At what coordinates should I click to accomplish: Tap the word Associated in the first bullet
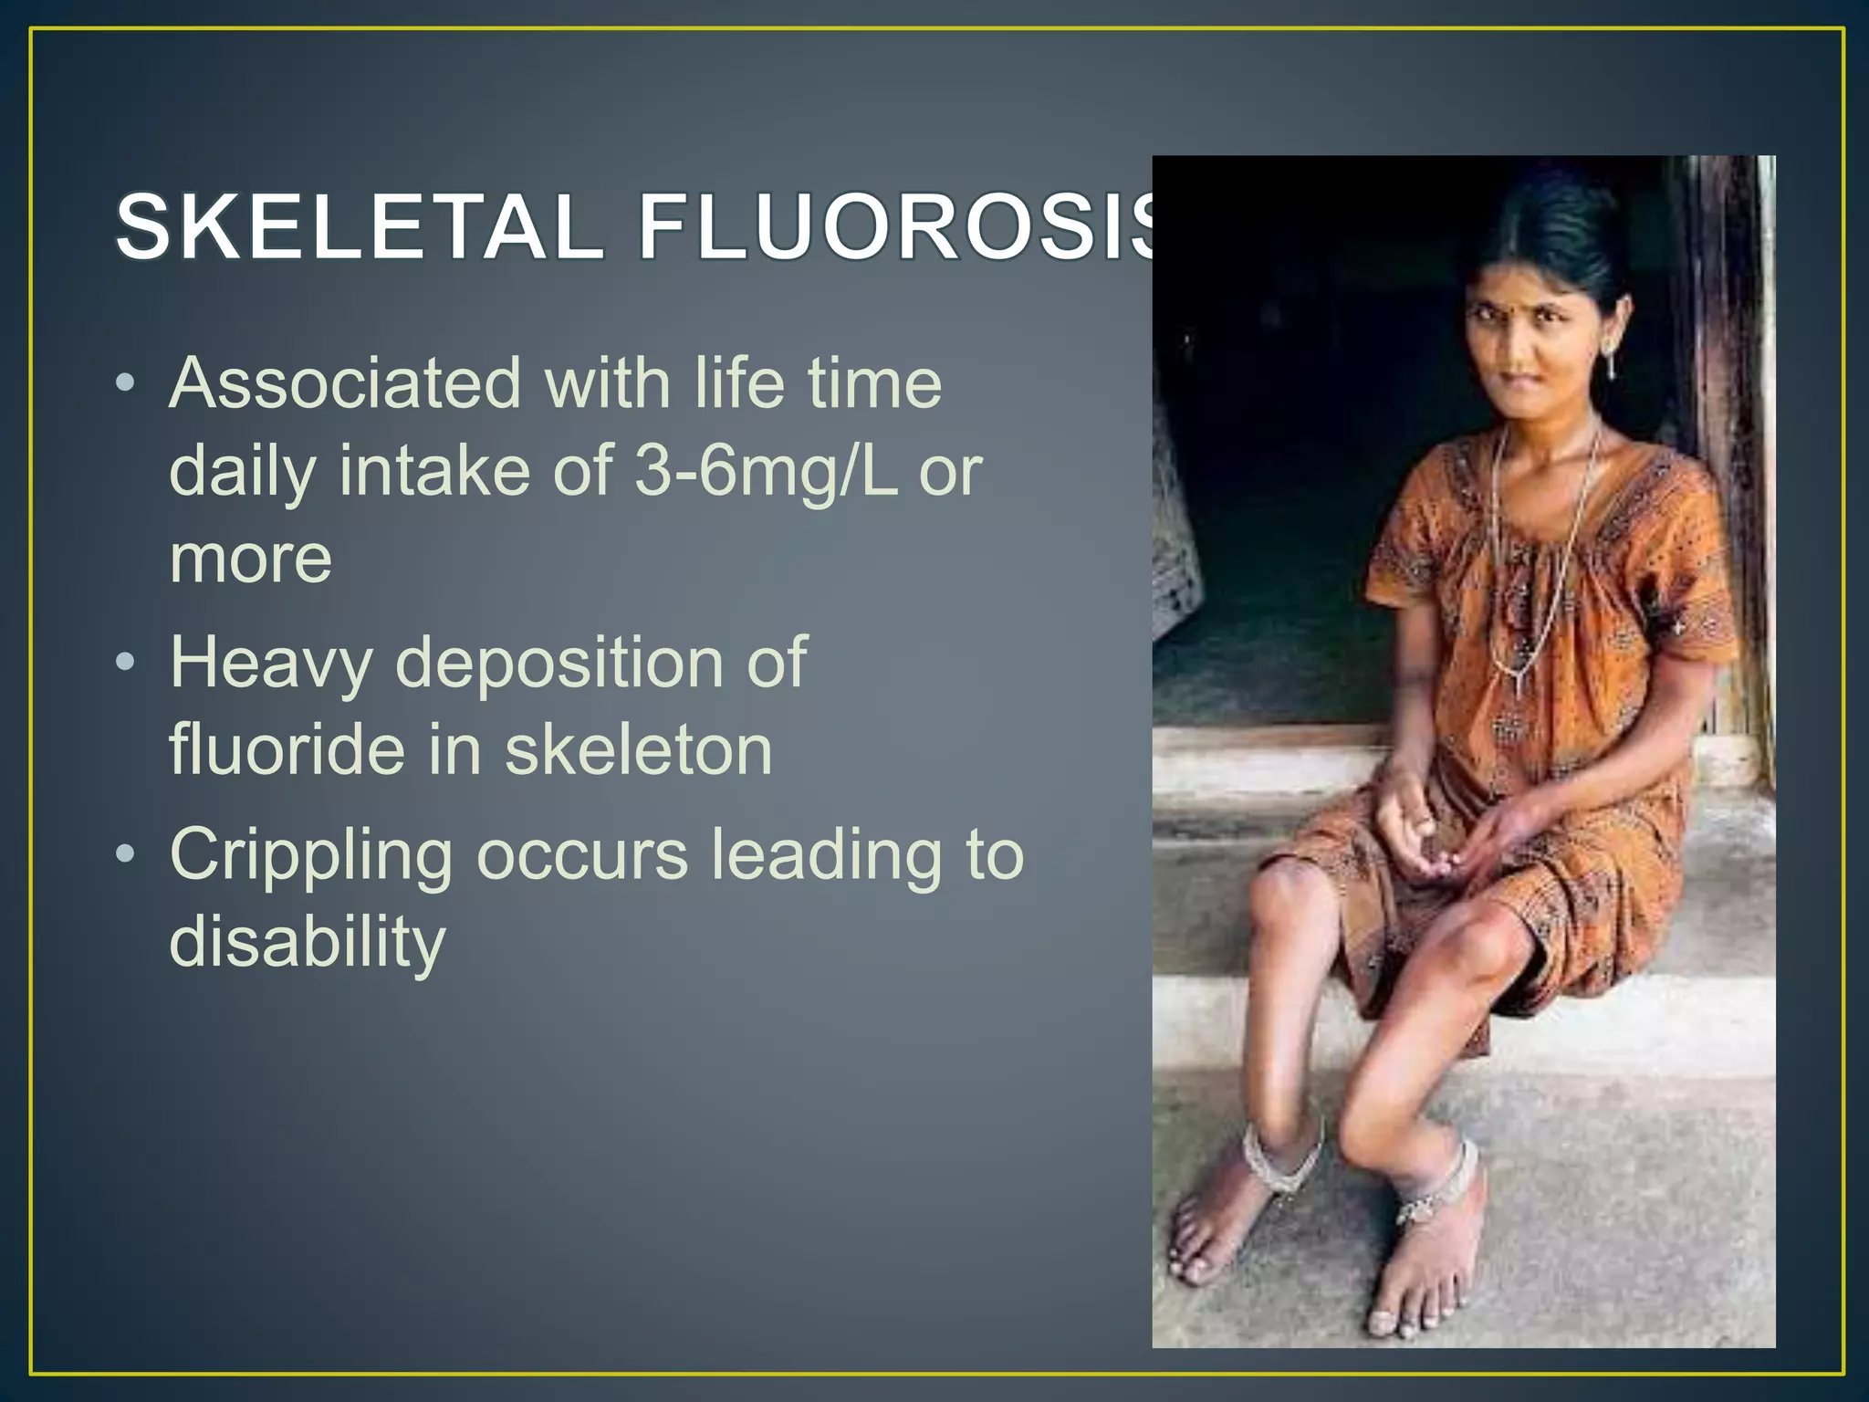pos(344,383)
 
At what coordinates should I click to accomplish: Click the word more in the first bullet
pos(251,559)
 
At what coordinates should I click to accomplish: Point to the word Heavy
pos(271,663)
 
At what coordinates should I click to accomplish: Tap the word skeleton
pos(639,749)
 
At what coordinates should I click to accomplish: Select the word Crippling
pos(310,856)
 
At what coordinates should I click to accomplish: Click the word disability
pos(308,942)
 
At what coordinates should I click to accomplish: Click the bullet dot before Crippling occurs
pos(126,853)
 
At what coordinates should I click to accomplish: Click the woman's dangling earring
pos(1612,364)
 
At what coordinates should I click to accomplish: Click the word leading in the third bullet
pos(825,854)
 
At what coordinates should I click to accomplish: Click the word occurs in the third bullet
pos(582,856)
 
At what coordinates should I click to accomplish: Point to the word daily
pos(243,471)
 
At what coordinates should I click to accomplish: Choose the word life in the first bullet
pos(739,383)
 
